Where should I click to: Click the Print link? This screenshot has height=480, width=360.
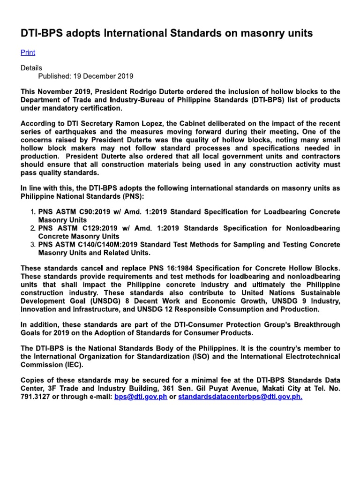pyautogui.click(x=28, y=52)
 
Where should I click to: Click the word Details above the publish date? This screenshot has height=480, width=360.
pyautogui.click(x=31, y=68)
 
